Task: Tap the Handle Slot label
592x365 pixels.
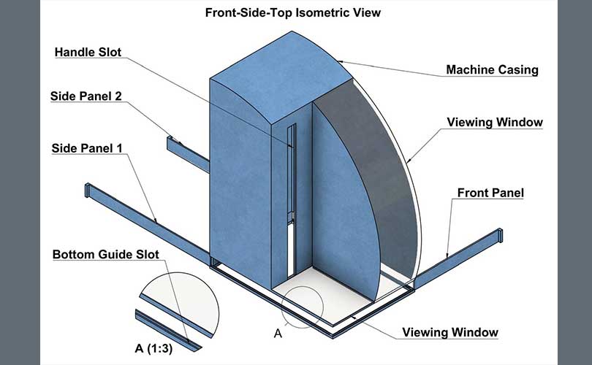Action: (88, 52)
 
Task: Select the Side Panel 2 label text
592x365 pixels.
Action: (86, 96)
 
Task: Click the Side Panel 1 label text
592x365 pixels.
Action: (87, 148)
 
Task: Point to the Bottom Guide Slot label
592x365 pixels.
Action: (106, 254)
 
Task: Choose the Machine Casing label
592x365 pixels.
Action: (492, 70)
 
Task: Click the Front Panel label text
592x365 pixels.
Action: (490, 193)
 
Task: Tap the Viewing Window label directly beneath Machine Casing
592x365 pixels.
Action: (495, 122)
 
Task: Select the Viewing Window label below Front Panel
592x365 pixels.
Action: (450, 332)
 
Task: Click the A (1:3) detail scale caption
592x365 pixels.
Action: (153, 348)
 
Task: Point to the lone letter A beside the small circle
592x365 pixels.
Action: (278, 334)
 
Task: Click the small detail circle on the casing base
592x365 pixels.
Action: (302, 287)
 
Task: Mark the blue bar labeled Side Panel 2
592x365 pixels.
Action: (188, 154)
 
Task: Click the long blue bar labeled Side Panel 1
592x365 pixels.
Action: (147, 223)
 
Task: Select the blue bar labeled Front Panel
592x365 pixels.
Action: (458, 258)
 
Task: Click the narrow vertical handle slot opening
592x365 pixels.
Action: (291, 200)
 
